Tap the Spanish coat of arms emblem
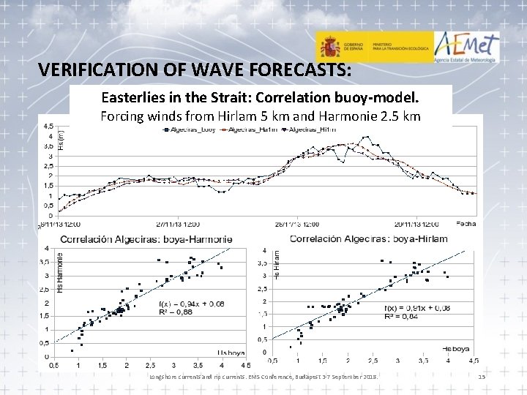point(330,48)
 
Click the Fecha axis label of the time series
point(466,222)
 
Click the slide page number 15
point(481,376)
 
